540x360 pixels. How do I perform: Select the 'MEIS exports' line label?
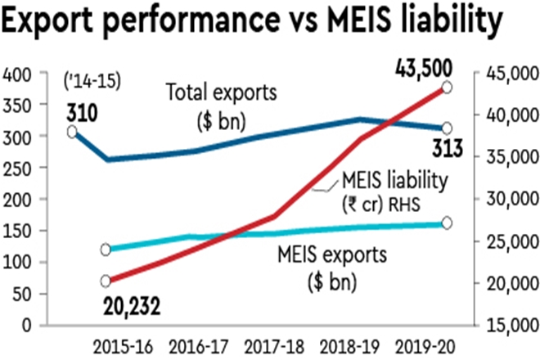tap(329, 254)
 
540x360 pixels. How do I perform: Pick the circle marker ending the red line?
tap(447, 88)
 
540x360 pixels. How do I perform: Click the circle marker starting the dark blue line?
tap(72, 132)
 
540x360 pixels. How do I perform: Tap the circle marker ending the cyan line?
tap(447, 223)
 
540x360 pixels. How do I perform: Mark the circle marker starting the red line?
tap(105, 281)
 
